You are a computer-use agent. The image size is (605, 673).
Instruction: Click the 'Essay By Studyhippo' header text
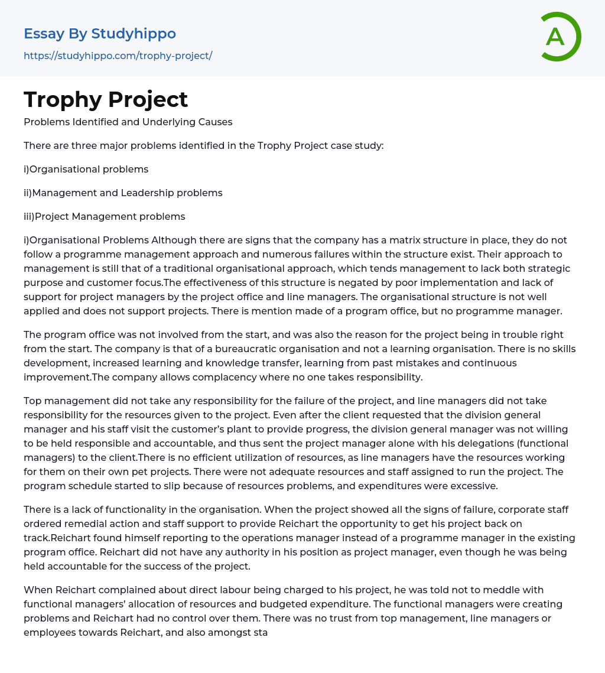[x=100, y=34]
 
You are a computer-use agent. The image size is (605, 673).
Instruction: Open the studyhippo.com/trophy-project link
[x=118, y=56]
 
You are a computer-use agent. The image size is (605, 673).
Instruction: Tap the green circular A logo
[x=558, y=37]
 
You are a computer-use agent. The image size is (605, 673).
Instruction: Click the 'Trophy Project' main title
[x=106, y=100]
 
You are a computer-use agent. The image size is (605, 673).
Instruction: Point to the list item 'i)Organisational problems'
[x=86, y=170]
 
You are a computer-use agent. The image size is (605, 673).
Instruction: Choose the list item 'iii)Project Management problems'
[x=104, y=217]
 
